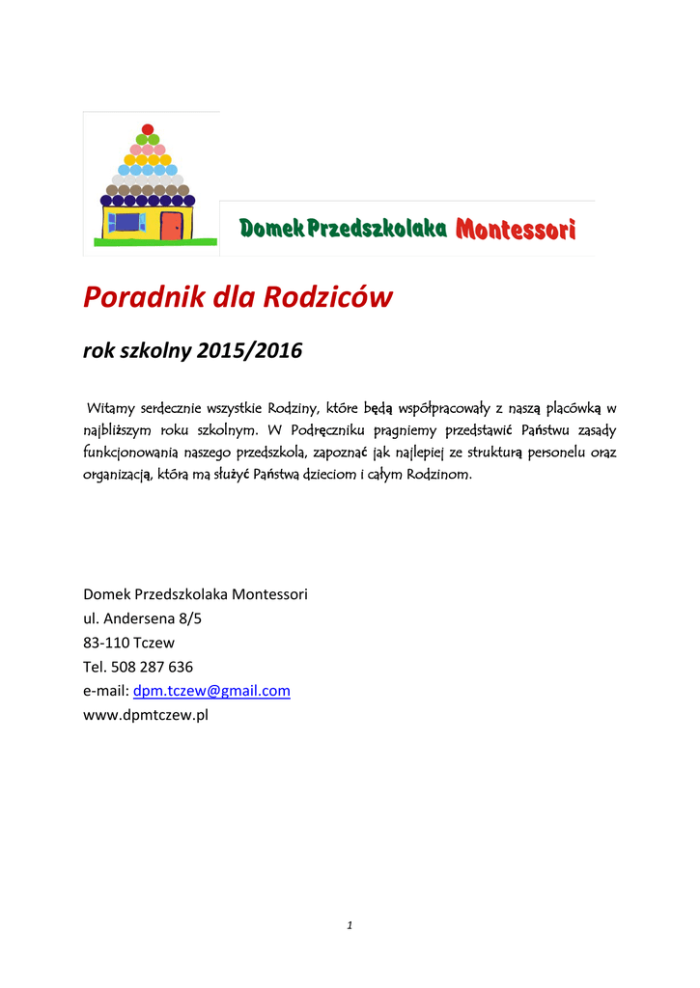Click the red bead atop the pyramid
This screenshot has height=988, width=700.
coord(148,129)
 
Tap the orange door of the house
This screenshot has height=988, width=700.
coord(171,226)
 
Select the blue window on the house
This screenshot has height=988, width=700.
coord(126,223)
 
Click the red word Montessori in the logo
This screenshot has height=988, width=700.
coord(516,230)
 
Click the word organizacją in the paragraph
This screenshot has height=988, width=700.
coord(119,475)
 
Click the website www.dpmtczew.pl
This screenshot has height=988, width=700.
coord(147,715)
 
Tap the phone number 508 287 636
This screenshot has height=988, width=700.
coord(153,667)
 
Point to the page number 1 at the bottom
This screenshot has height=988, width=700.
coord(350,926)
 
